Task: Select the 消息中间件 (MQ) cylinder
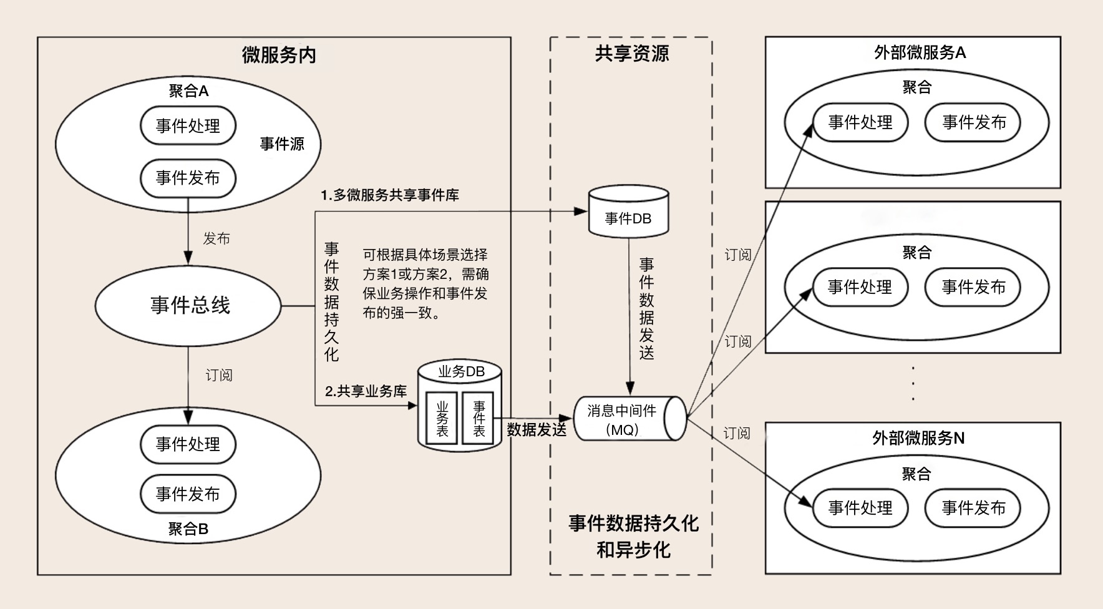(624, 419)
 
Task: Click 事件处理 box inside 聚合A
(188, 126)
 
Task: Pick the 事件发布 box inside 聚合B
(188, 494)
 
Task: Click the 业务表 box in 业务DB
(442, 419)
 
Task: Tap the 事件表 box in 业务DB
(479, 419)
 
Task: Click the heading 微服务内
(279, 55)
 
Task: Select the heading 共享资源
(631, 54)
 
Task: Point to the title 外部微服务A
(920, 53)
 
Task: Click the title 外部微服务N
(918, 438)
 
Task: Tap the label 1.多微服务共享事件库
(390, 195)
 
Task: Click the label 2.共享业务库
(366, 391)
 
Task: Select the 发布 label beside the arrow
(216, 238)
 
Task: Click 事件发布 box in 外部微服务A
(973, 122)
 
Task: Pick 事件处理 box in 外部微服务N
(860, 508)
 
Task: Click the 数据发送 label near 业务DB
(537, 429)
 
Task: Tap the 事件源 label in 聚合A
(282, 144)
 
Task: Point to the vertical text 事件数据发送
(646, 309)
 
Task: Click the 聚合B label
(188, 529)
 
